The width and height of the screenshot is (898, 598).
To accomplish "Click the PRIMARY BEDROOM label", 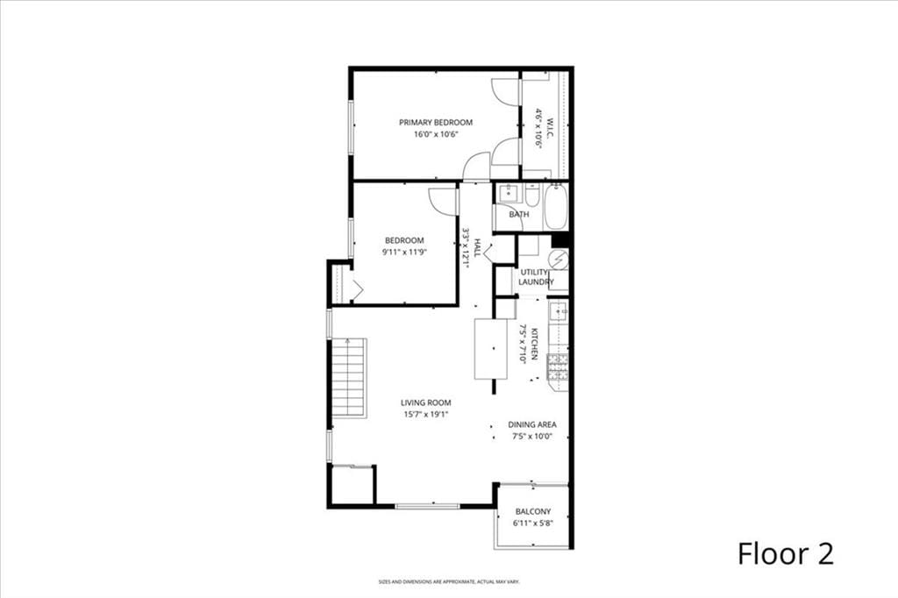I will coord(436,122).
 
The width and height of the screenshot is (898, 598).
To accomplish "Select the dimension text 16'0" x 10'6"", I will coord(436,134).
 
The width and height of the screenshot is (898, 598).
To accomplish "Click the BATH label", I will coord(519,214).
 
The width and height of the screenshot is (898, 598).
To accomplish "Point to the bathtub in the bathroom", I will coord(555,207).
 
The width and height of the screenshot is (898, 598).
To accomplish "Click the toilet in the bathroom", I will coord(532,194).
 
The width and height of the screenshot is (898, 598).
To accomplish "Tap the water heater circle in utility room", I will coord(558,259).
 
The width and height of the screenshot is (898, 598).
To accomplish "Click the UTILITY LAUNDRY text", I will coord(536,277).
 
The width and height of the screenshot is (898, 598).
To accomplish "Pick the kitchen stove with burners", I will coord(559,372).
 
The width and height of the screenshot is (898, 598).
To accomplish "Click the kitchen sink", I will coord(558,311).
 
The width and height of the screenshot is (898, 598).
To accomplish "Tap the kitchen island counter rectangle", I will coord(490,349).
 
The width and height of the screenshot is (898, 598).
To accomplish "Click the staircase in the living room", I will coord(349,378).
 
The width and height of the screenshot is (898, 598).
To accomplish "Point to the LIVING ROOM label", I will coord(425,402).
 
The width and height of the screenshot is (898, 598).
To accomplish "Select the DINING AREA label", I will coord(532,424).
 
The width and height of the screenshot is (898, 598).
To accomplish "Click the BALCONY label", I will coord(532,511).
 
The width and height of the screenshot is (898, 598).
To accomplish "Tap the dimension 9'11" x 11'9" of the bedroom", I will coord(403,252).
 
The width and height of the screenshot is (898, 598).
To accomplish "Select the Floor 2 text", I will coord(784,553).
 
